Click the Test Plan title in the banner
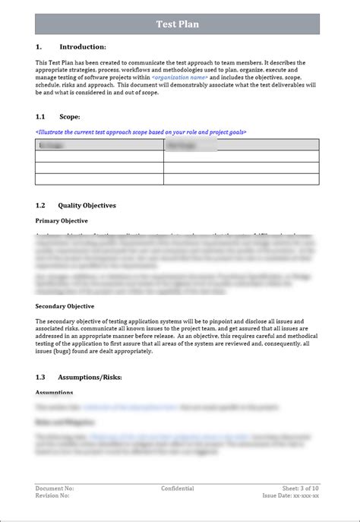click(178, 24)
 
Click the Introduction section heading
click(82, 47)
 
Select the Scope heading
click(69, 117)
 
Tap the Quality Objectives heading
click(87, 205)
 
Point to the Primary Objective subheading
click(62, 220)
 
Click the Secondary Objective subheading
click(65, 306)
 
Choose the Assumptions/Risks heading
click(90, 377)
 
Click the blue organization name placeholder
click(179, 78)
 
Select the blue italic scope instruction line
click(141, 132)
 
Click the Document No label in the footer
click(55, 489)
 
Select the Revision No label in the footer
click(52, 495)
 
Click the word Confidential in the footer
click(178, 489)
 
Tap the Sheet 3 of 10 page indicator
click(301, 489)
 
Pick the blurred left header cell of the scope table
click(99, 145)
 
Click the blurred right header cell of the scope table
click(241, 145)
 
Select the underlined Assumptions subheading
click(54, 393)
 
